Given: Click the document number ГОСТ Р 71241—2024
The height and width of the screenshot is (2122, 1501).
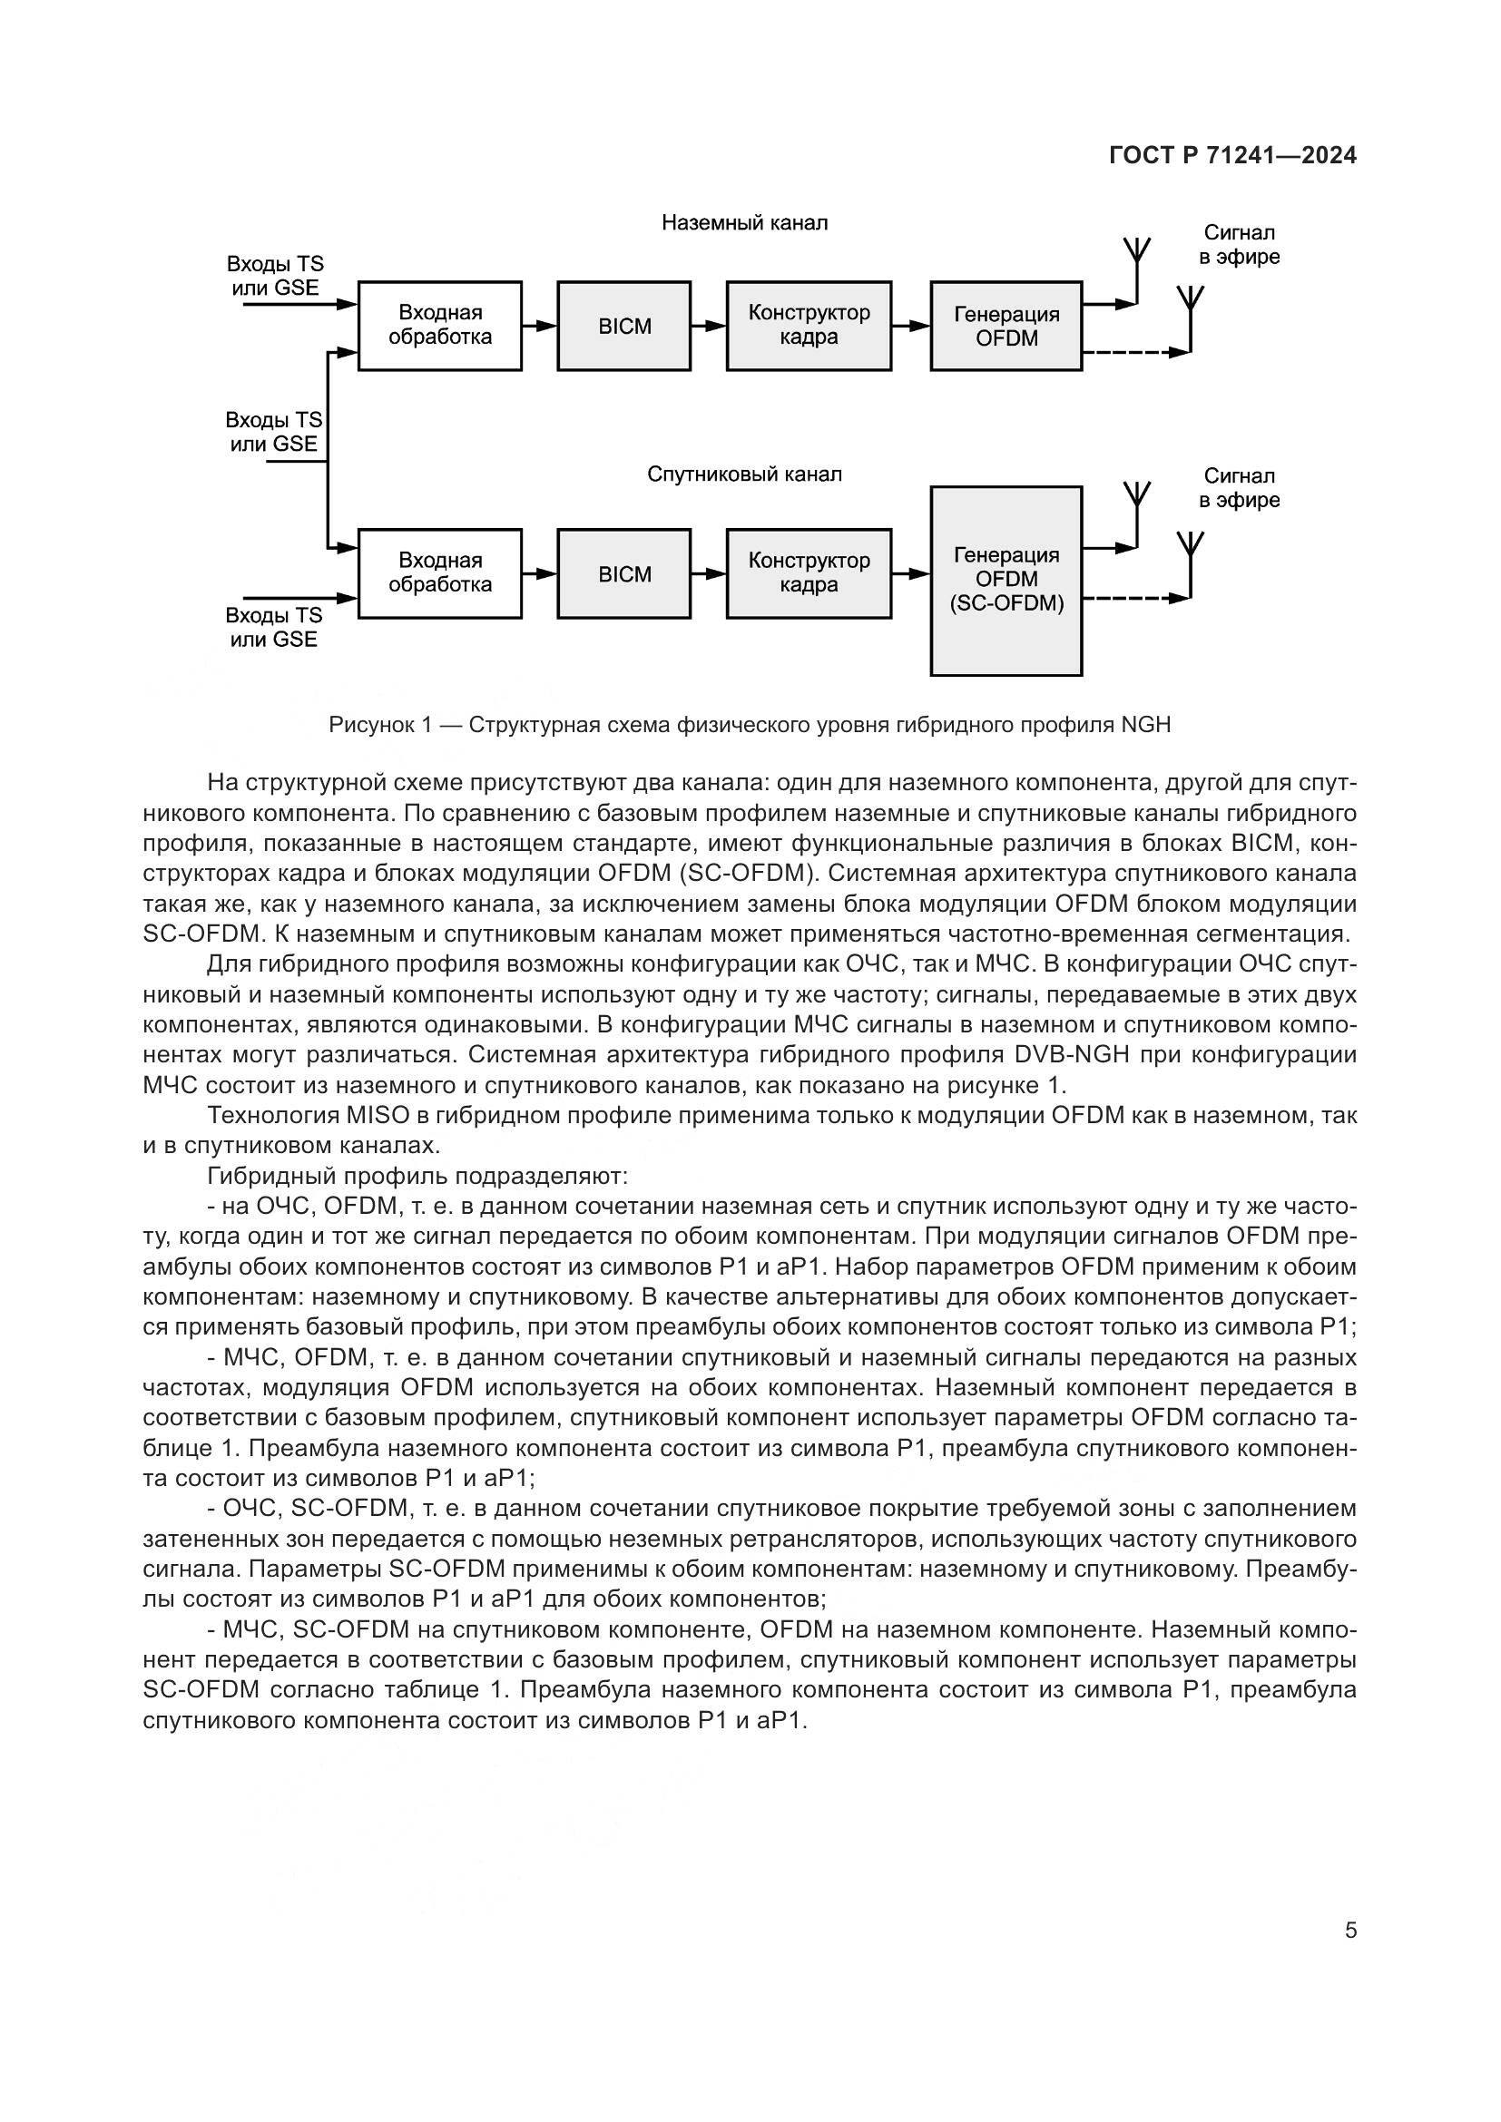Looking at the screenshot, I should coord(1232,155).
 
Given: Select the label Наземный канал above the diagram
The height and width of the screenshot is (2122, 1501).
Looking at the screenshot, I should coord(744,223).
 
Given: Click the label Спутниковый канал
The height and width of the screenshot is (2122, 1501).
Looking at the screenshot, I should coord(744,475).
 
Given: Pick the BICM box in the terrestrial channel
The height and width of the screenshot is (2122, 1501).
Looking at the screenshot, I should coord(623,327).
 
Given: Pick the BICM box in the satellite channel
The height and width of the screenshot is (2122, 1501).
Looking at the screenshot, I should coord(623,574).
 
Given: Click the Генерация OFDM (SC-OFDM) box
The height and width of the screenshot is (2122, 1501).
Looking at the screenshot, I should coord(1006,581).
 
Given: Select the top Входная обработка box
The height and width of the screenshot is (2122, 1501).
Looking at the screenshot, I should coord(439,326).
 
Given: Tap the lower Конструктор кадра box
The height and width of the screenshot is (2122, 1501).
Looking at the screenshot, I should coord(809,573).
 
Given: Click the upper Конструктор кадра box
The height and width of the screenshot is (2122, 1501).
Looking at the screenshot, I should coord(809,326).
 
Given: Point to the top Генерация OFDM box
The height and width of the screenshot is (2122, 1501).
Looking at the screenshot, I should coord(1006,327).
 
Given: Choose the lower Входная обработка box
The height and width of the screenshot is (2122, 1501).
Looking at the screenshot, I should coord(439,573).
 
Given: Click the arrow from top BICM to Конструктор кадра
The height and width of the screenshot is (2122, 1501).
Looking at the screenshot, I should coord(709,326).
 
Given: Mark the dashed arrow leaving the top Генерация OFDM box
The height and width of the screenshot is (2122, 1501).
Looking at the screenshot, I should coord(1135,352).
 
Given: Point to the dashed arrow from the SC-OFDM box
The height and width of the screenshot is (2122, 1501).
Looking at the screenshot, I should coord(1135,598).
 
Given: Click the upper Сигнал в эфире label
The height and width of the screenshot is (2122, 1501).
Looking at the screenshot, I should coord(1239,245).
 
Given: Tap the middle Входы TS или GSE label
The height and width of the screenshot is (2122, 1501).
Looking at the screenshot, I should coord(273,432).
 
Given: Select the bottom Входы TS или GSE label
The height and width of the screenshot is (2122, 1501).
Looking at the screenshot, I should coord(273,628).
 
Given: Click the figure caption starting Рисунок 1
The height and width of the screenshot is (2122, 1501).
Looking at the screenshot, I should coord(750,725).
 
